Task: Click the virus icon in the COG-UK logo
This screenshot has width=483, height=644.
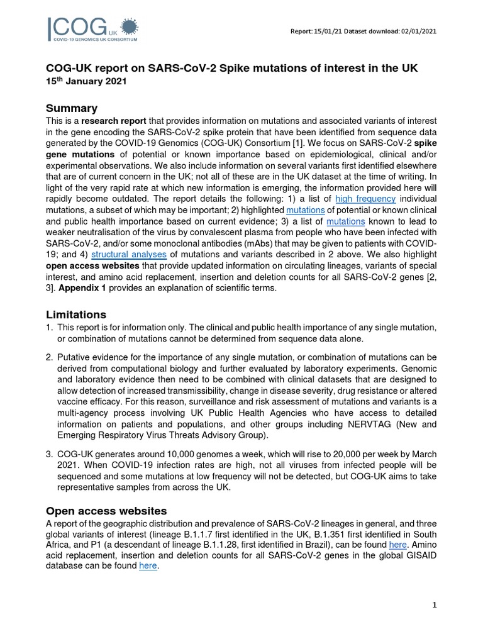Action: tap(128, 26)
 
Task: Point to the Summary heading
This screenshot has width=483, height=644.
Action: tap(72, 108)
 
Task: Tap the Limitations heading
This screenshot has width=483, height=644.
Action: tap(76, 314)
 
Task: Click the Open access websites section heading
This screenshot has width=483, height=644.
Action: tap(107, 511)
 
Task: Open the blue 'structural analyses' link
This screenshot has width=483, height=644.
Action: tap(129, 254)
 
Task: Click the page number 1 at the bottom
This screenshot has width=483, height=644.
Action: tap(434, 605)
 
